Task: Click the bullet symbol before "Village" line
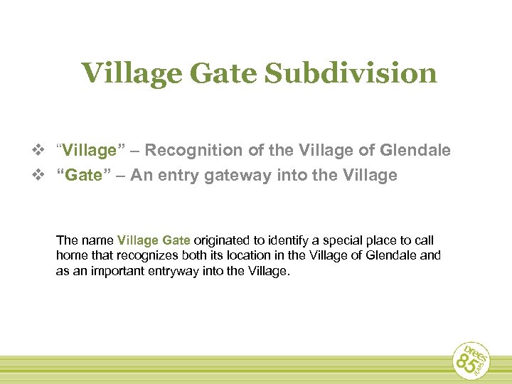[x=42, y=150]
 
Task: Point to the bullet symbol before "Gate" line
[x=42, y=175]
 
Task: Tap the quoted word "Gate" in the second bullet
[x=82, y=175]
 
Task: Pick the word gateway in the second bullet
[x=235, y=176]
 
